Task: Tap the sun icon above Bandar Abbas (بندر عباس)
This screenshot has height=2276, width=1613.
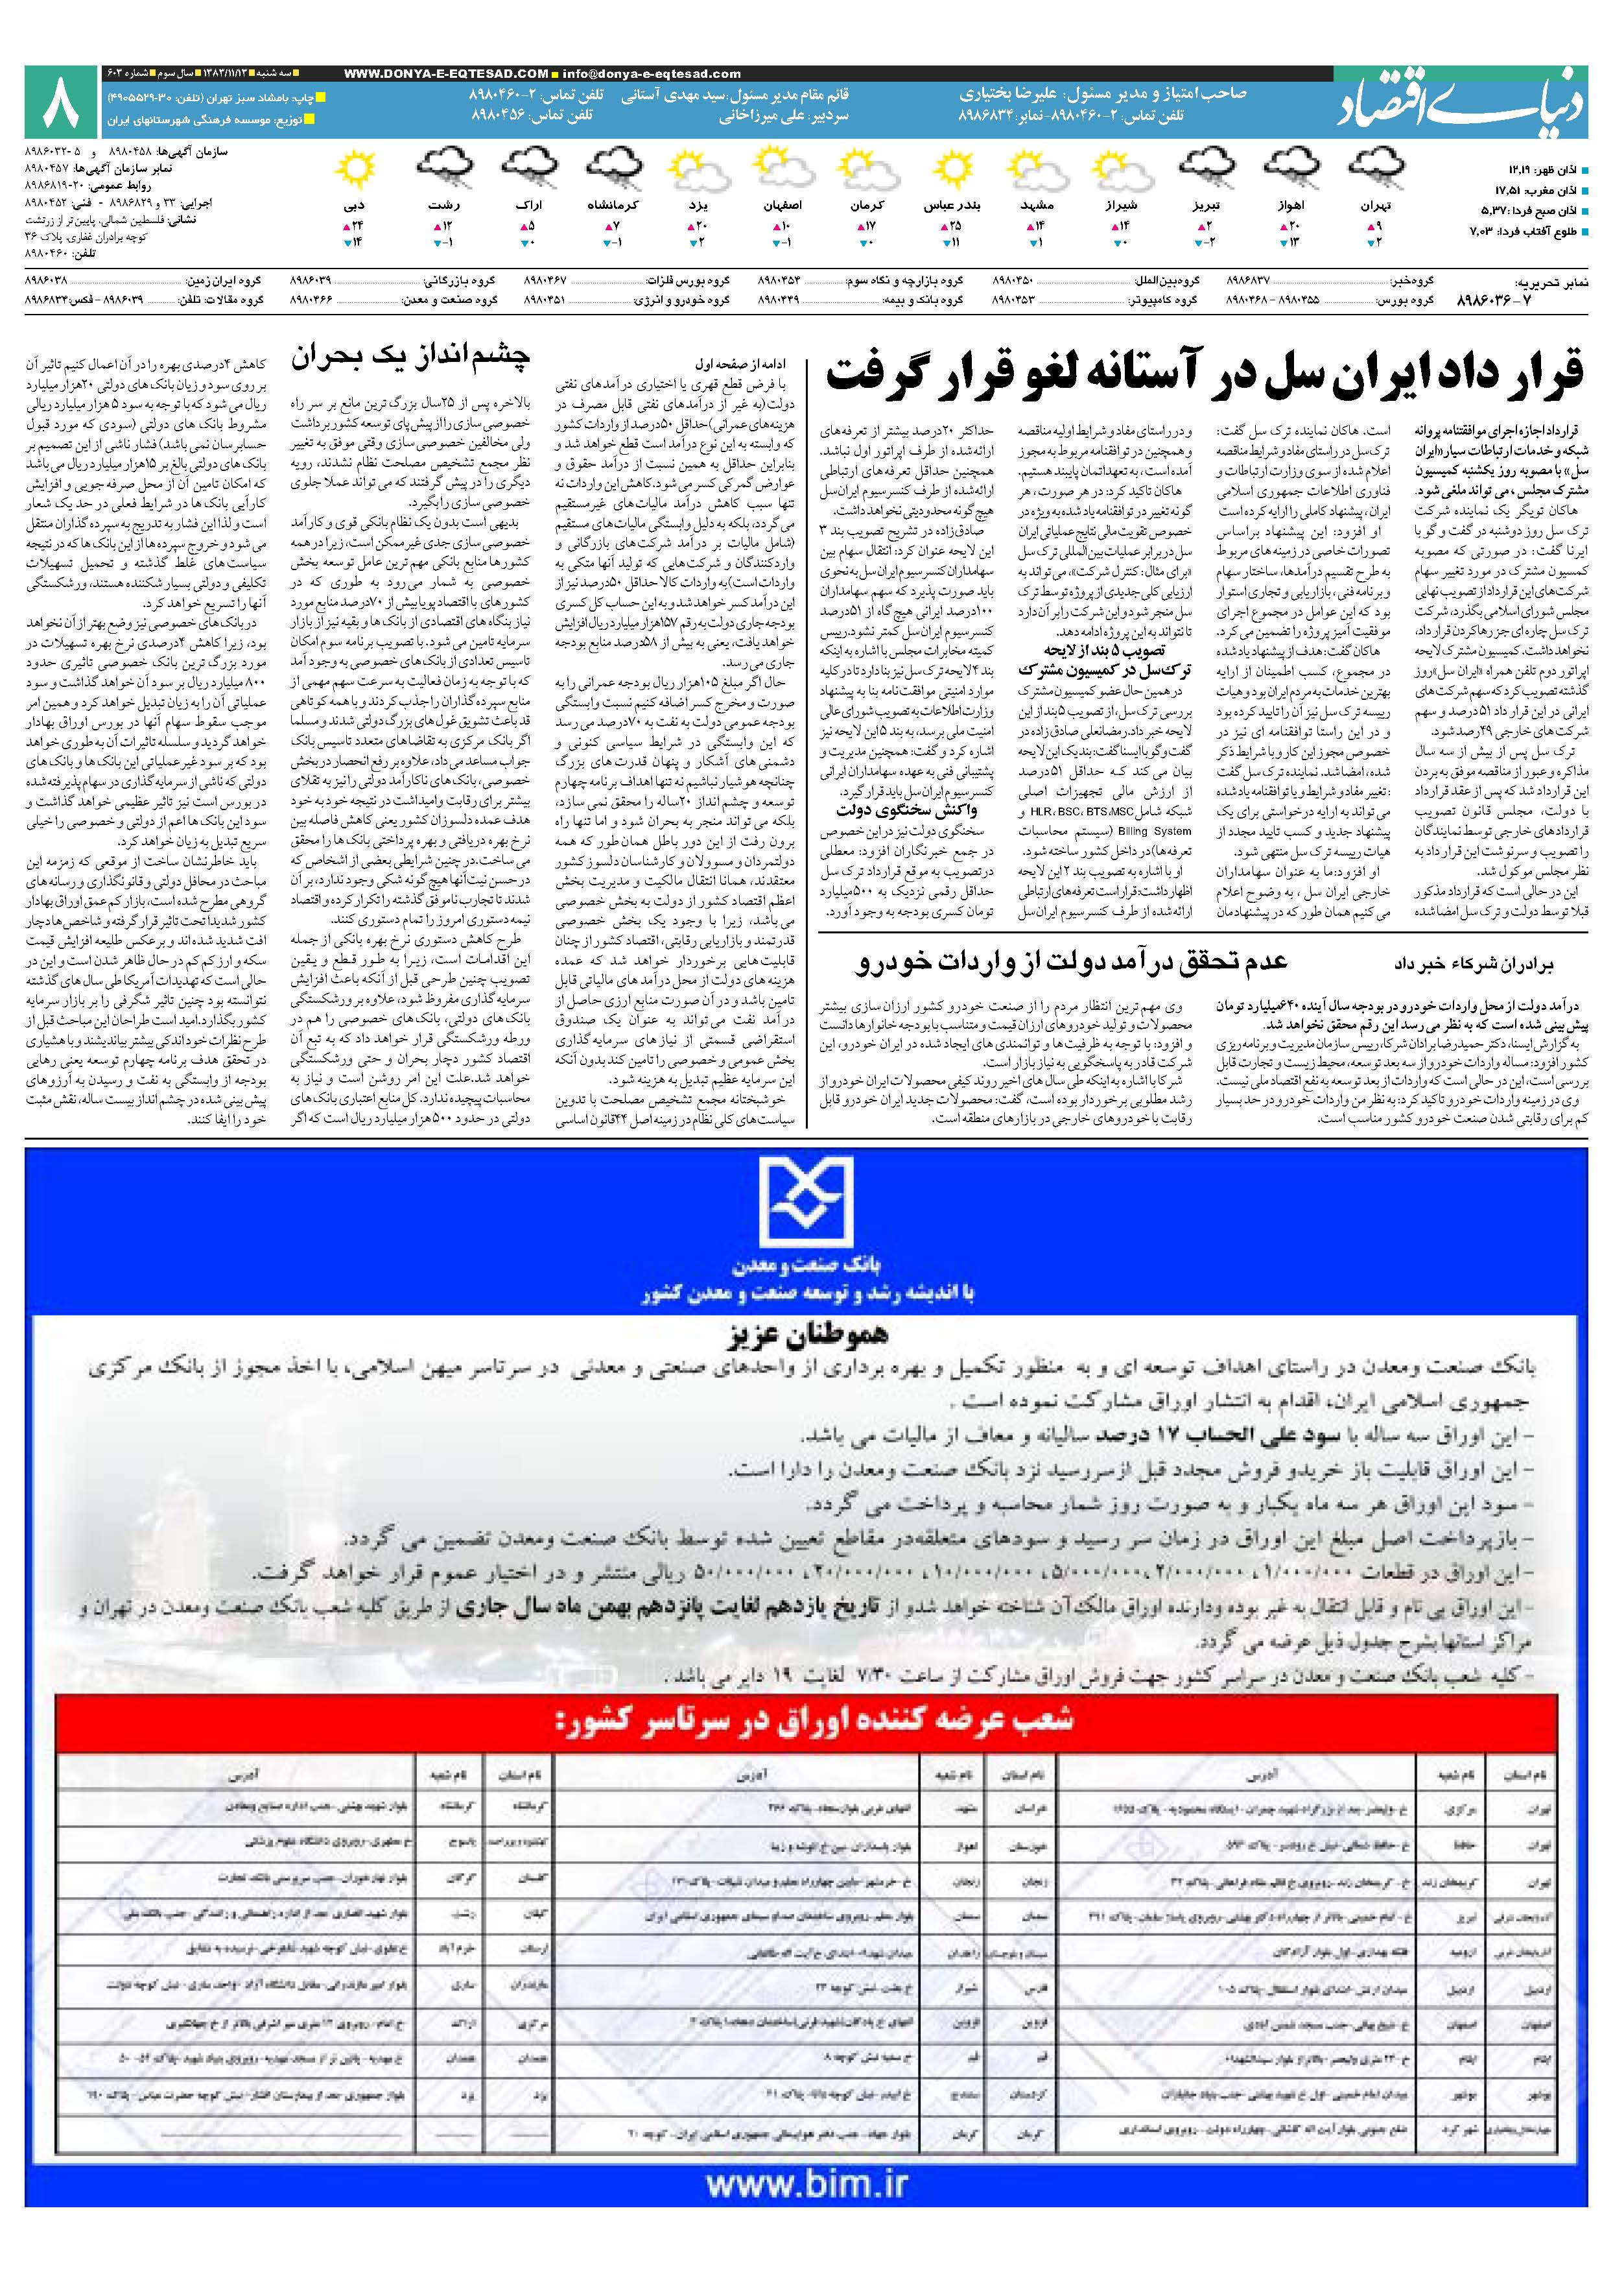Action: coord(941,171)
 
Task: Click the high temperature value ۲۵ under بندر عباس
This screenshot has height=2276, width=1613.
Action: coord(956,226)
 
